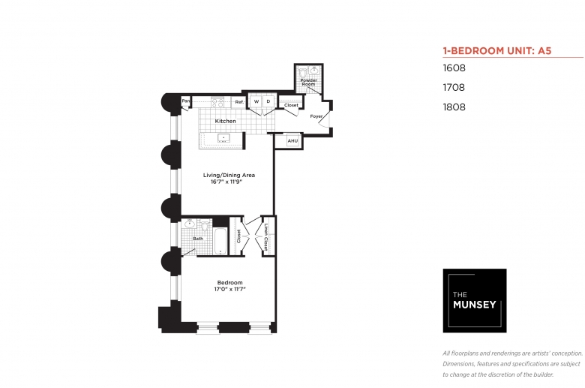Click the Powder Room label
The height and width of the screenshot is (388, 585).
pos(308,82)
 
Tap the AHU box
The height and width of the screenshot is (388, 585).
pos(292,141)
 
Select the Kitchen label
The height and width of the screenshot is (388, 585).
pos(225,121)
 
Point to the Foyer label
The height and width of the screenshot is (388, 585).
pos(316,116)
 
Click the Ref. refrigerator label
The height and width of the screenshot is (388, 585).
pos(239,102)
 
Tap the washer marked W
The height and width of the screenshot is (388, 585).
pos(256,101)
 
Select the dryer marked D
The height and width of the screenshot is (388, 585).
pos(268,101)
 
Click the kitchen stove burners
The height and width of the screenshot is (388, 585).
pos(217,102)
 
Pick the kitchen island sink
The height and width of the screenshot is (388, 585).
pos(223,138)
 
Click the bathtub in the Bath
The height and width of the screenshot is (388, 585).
pos(220,241)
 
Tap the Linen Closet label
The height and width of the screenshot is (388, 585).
pos(265,237)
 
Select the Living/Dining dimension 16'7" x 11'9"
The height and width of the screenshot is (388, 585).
pos(226,182)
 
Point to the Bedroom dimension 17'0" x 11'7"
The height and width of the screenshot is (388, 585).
pos(229,289)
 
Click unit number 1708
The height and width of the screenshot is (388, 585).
pos(454,87)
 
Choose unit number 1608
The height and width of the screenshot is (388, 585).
pos(454,68)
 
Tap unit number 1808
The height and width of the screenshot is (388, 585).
pos(454,107)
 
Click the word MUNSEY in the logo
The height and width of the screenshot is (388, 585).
pos(475,305)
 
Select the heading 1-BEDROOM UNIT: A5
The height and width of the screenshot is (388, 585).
pos(497,51)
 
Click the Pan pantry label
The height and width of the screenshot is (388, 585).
pos(185,101)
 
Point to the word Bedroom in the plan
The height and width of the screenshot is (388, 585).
pos(229,283)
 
